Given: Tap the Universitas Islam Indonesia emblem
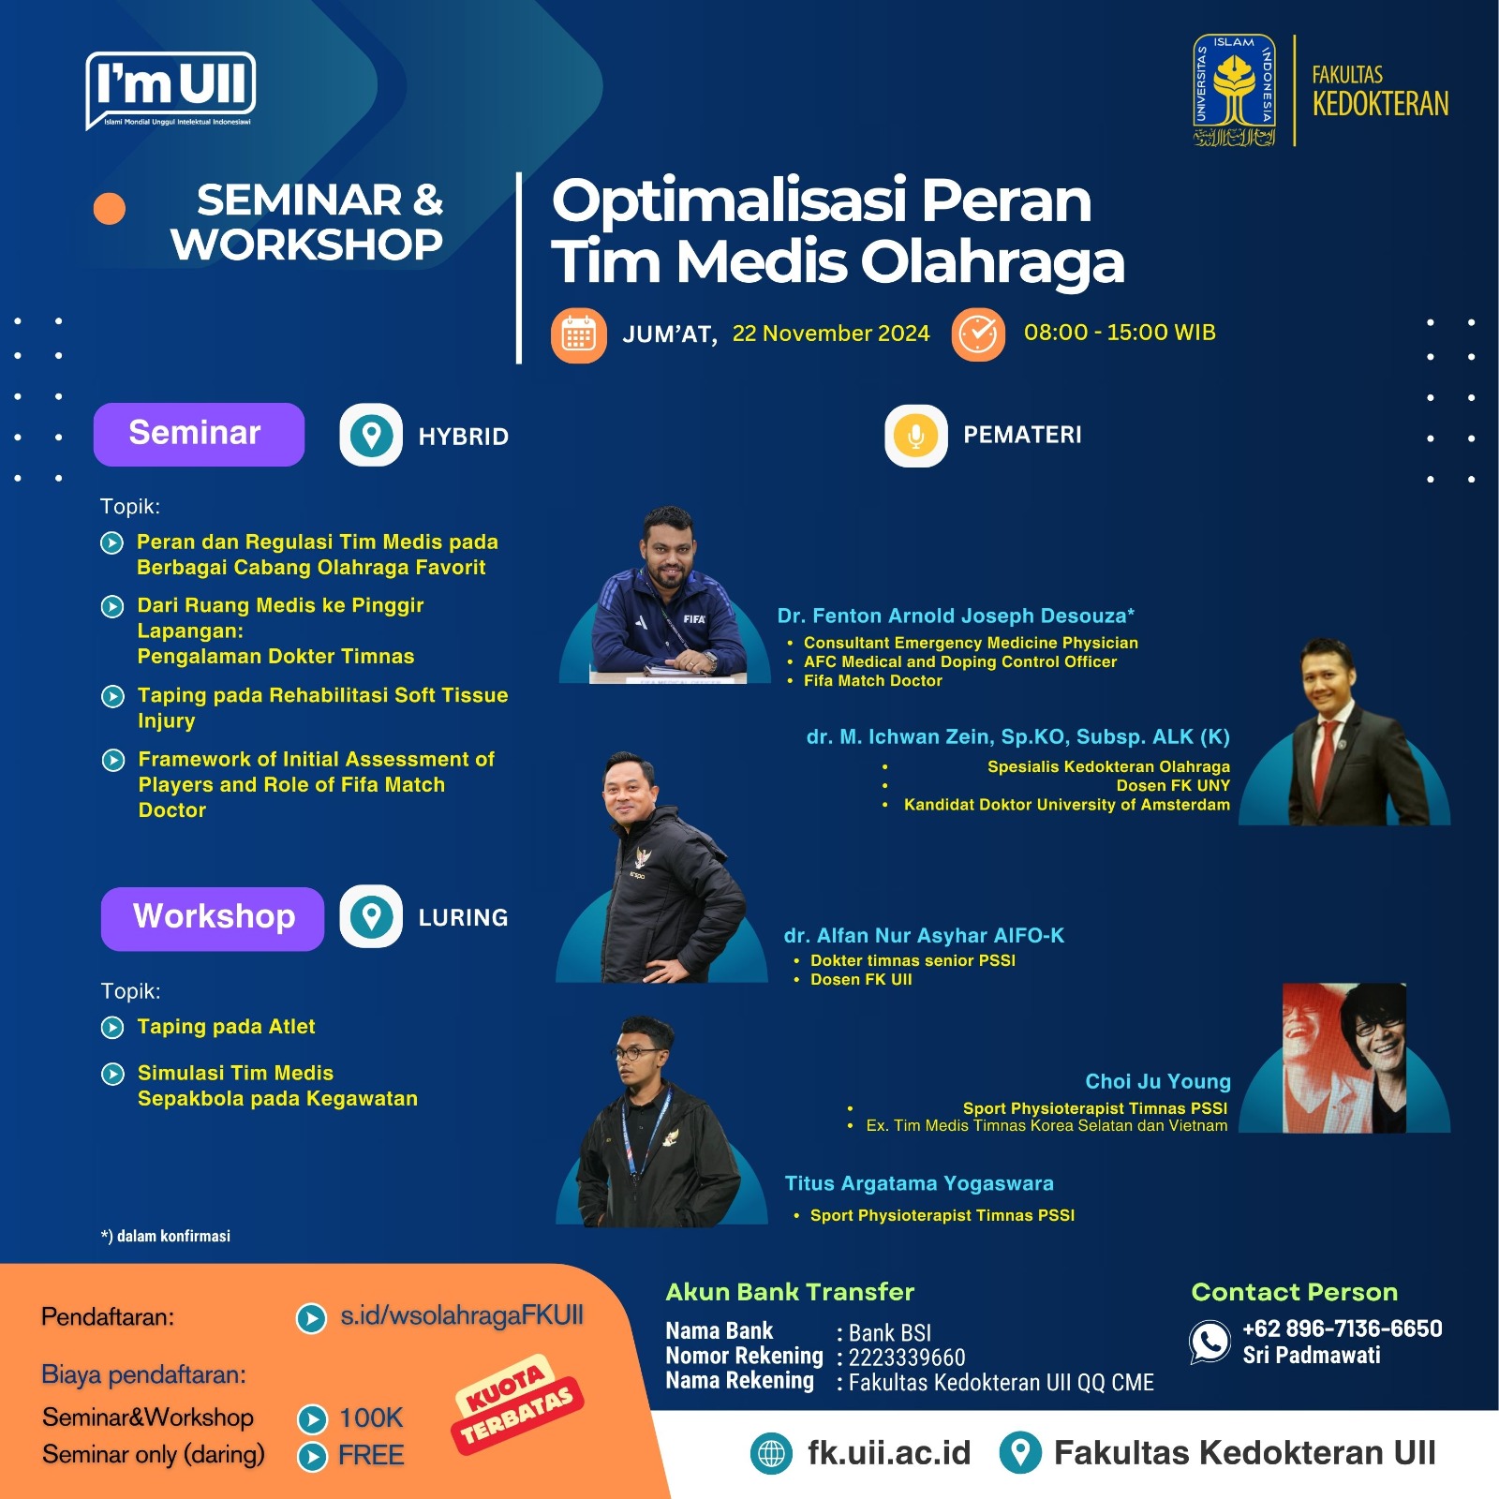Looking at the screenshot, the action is pyautogui.click(x=1234, y=91).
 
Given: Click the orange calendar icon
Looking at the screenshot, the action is pyautogui.click(x=578, y=335).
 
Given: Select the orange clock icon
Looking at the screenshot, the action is pyautogui.click(x=978, y=334).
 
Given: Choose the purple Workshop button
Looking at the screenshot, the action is pyautogui.click(x=213, y=918).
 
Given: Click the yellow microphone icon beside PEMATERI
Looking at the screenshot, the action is pyautogui.click(x=915, y=436).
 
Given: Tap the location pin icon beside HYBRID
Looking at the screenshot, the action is pyautogui.click(x=371, y=435).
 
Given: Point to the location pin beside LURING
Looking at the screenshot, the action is pyautogui.click(x=371, y=916).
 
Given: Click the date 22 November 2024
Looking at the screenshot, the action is pyautogui.click(x=831, y=334).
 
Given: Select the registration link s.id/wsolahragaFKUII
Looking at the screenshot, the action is pyautogui.click(x=462, y=1315).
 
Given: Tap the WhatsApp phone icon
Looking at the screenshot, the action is pyautogui.click(x=1210, y=1342).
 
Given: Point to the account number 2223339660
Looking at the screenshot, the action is pyautogui.click(x=907, y=1358).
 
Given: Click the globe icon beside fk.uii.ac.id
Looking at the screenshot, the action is pyautogui.click(x=771, y=1453).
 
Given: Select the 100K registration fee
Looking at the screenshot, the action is pyautogui.click(x=371, y=1417).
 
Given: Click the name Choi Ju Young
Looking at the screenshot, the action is pyautogui.click(x=1158, y=1081).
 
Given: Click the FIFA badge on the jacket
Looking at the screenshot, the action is pyautogui.click(x=694, y=618).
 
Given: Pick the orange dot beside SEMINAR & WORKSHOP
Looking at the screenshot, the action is pyautogui.click(x=110, y=209).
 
